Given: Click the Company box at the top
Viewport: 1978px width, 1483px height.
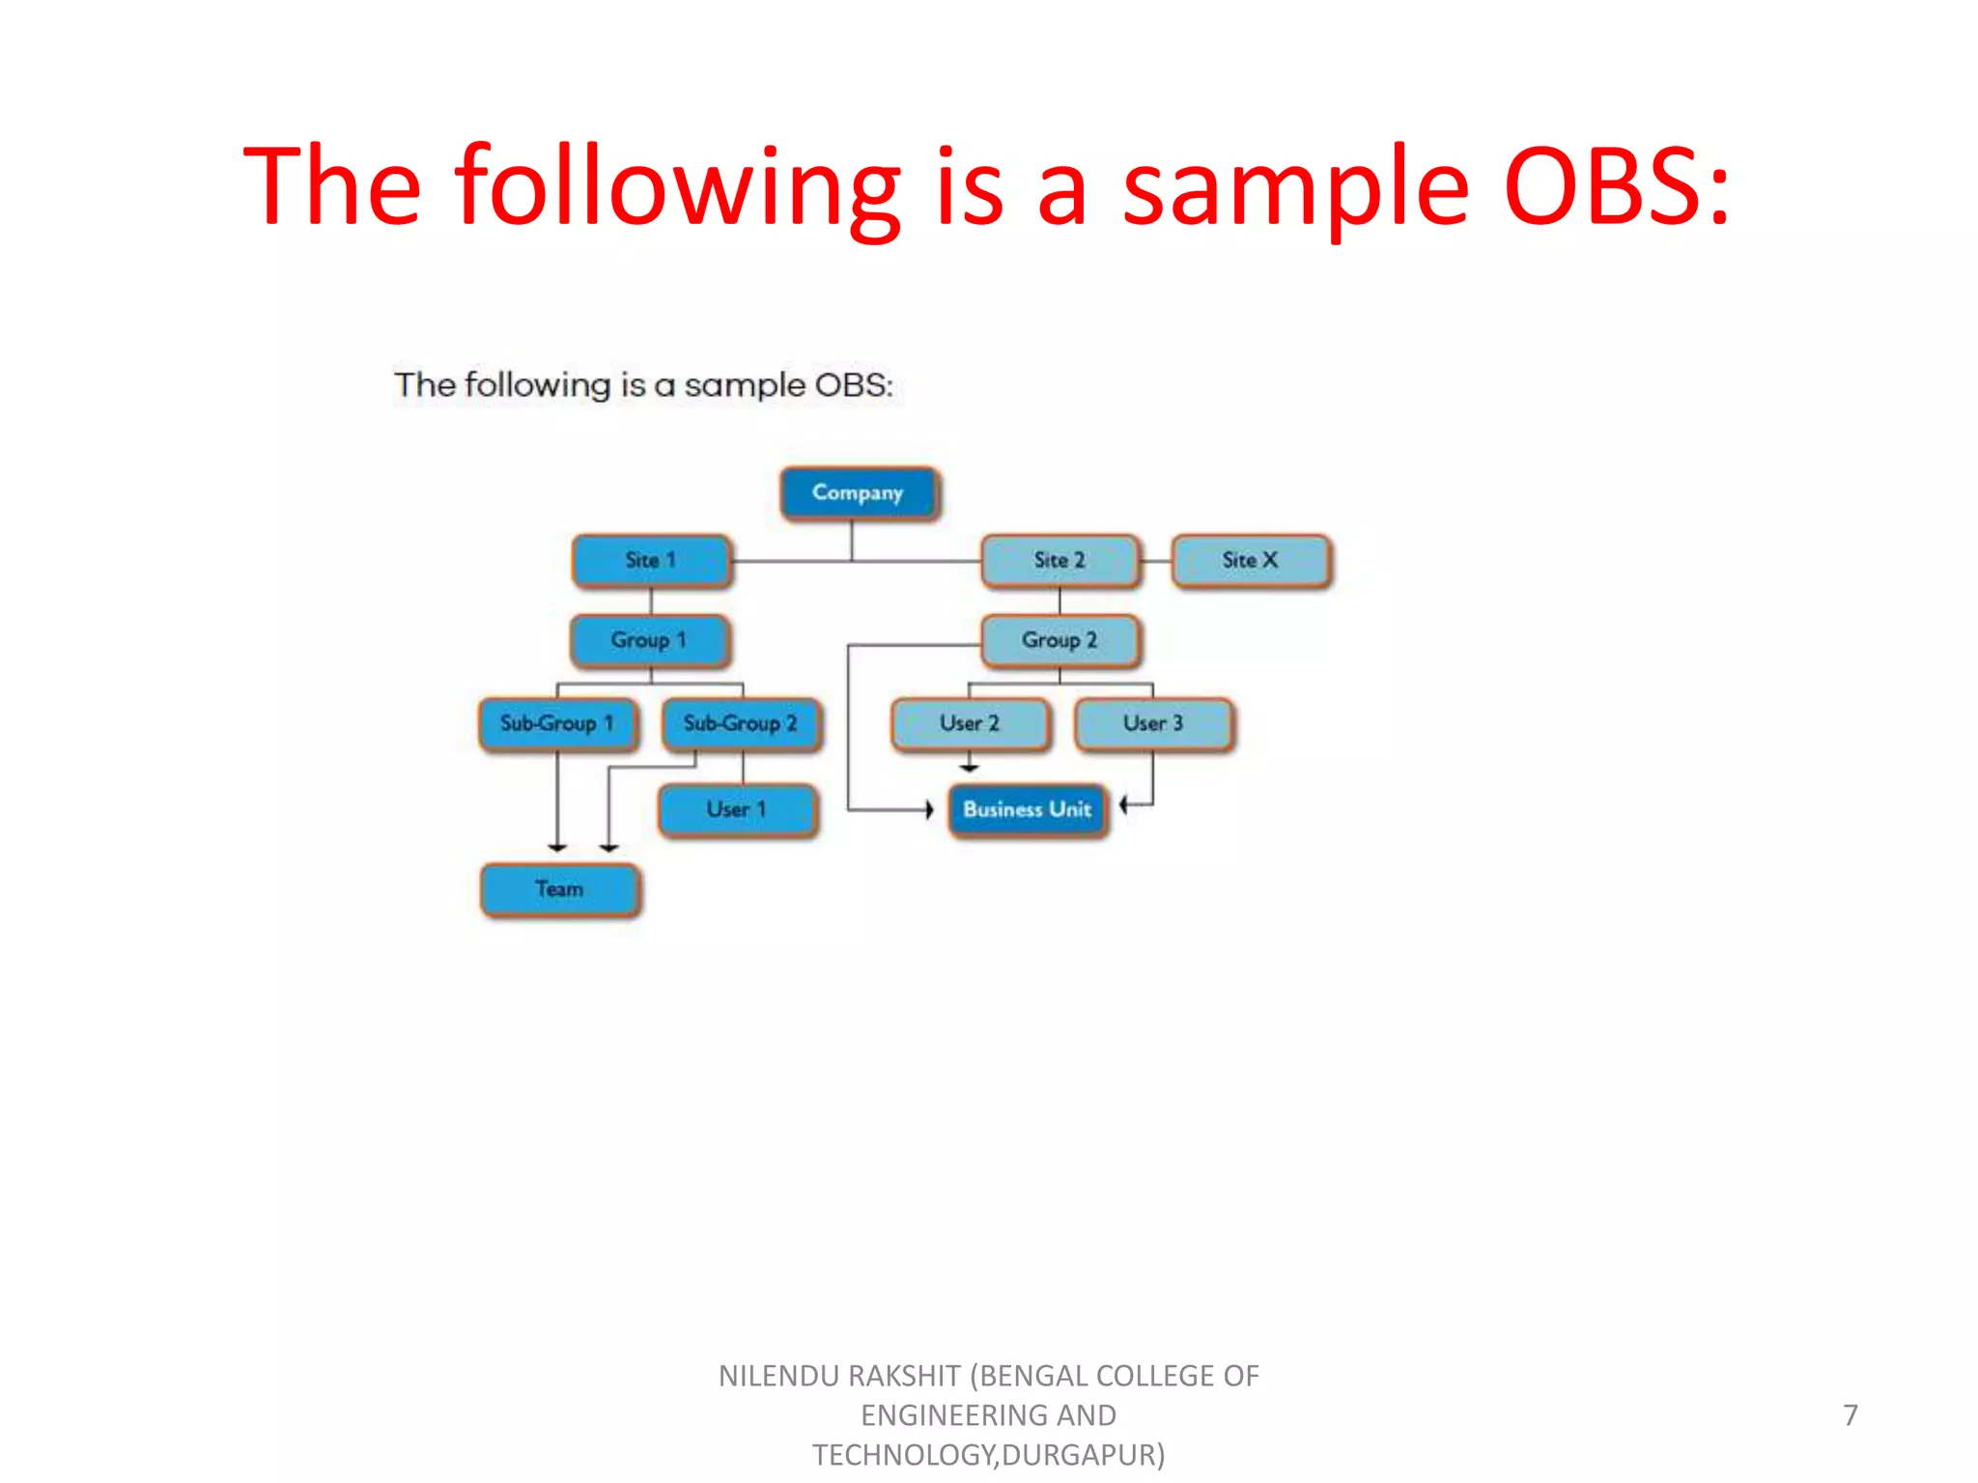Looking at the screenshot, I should point(858,493).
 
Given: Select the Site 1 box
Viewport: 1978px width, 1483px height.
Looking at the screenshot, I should point(651,561).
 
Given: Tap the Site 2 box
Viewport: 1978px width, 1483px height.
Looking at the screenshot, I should point(1060,561).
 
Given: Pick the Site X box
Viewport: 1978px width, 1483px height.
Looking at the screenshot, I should point(1250,561).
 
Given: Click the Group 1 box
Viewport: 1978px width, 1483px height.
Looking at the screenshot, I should point(649,641).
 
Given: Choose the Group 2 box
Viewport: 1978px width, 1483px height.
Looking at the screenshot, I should point(1060,641).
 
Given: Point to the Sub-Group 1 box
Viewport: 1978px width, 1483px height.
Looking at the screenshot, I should point(557,724).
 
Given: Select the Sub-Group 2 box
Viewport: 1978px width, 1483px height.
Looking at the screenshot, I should point(741,724).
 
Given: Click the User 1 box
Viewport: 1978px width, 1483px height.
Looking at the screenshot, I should point(737,810).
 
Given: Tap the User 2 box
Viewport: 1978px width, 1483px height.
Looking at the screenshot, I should point(970,724).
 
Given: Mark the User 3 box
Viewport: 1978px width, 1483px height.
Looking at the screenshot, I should point(1153,724).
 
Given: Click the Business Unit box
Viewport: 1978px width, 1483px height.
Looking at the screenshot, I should point(1028,810).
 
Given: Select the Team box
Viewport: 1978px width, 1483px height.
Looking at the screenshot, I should point(559,889).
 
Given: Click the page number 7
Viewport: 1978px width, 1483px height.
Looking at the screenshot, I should point(1850,1415).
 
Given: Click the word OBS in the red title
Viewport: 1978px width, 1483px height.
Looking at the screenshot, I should point(1603,185).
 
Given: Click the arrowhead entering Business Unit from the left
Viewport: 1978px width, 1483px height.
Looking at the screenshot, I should point(929,810).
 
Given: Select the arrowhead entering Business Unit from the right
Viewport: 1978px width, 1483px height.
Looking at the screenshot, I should point(1124,803).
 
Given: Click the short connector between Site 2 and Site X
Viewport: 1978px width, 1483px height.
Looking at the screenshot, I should point(1156,561).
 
